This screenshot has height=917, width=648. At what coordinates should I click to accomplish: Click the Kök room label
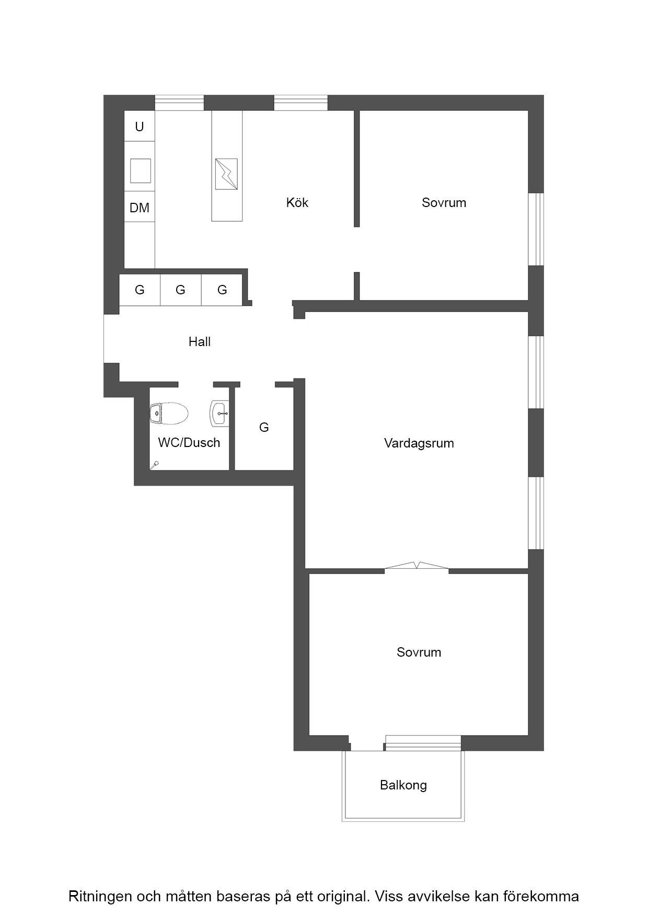click(297, 202)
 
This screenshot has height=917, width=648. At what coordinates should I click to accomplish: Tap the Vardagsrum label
click(419, 443)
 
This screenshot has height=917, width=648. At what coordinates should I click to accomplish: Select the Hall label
click(200, 342)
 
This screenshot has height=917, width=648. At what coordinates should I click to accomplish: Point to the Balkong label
click(403, 785)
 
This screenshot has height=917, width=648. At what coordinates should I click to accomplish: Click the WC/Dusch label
click(189, 443)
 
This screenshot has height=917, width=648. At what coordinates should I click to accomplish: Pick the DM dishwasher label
click(140, 208)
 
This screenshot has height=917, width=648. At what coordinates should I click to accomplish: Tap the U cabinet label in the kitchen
click(140, 127)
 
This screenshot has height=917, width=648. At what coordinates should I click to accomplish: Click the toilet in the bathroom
click(169, 414)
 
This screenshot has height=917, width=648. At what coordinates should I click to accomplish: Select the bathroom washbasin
click(219, 413)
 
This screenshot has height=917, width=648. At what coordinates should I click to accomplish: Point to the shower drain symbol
click(154, 464)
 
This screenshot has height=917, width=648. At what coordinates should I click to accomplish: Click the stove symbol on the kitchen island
click(226, 174)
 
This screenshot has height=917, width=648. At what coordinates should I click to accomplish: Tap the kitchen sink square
click(140, 170)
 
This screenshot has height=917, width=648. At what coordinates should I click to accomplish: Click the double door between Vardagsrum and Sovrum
click(416, 566)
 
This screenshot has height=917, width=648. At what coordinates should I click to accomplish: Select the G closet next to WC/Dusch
click(264, 428)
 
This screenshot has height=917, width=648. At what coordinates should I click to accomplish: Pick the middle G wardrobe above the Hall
click(180, 290)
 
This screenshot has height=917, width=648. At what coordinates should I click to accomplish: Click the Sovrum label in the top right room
click(444, 203)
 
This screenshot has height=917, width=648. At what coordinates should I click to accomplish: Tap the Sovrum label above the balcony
click(419, 652)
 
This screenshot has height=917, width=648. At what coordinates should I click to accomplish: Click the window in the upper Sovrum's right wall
click(536, 230)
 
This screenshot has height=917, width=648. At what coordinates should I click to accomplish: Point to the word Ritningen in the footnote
click(100, 897)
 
